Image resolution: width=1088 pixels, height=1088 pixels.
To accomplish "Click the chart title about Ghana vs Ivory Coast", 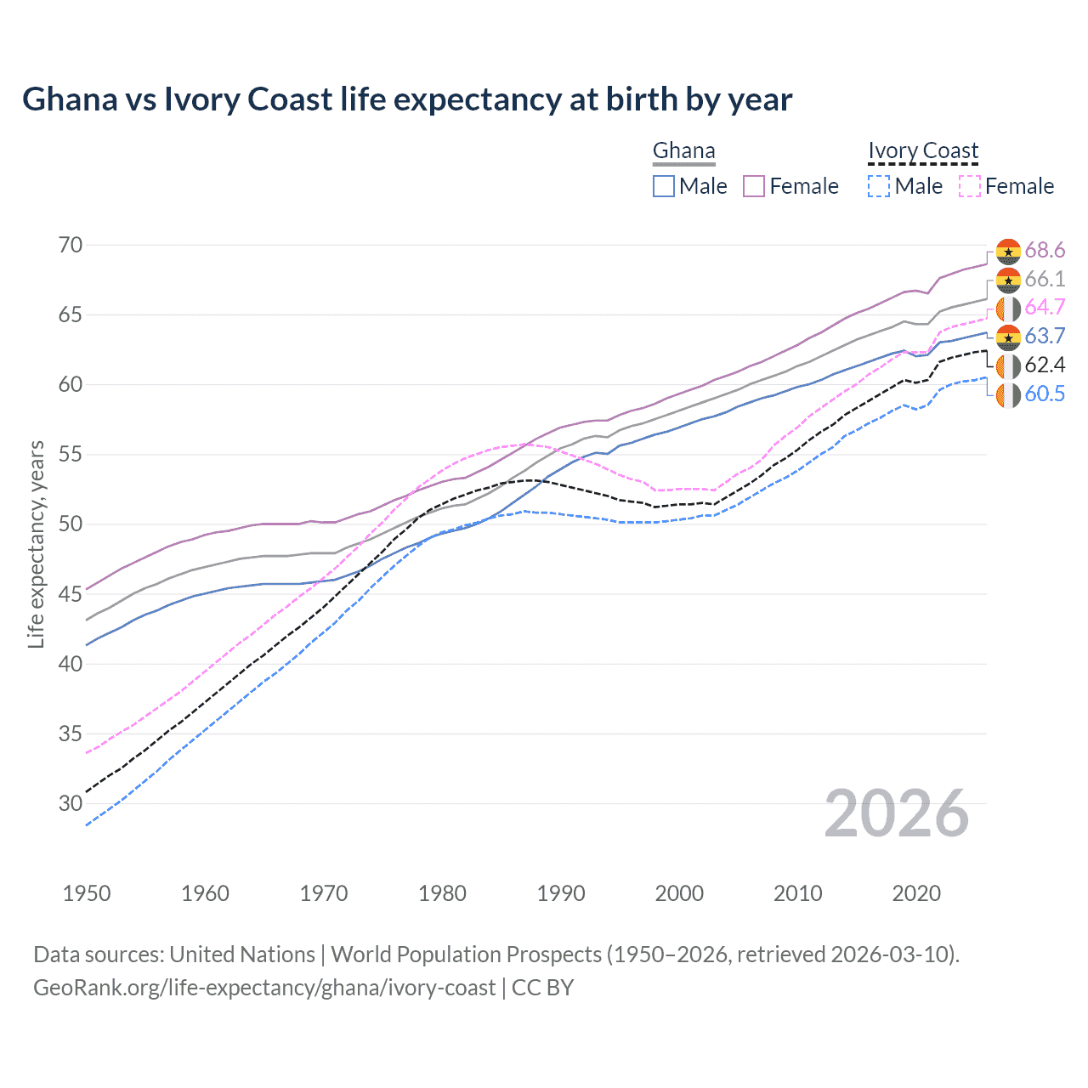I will (x=407, y=99).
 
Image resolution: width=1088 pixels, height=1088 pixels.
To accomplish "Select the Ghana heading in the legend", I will (x=683, y=150).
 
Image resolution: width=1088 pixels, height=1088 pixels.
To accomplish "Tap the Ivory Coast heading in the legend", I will (x=923, y=150).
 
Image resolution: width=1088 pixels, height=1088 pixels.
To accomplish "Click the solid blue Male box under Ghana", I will (x=664, y=186).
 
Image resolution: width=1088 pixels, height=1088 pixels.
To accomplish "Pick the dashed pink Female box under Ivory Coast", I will (x=970, y=186).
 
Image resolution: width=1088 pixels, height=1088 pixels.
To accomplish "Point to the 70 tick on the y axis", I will (x=71, y=246).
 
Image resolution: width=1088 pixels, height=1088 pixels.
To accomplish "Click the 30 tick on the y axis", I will (x=71, y=803).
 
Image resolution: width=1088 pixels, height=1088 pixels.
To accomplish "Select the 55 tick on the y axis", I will (x=71, y=455).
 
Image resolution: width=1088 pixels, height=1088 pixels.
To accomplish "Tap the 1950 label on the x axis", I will (x=87, y=893).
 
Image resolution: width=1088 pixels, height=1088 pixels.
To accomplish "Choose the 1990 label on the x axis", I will (x=561, y=893).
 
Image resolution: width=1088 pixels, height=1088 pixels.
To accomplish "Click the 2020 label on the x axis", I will (x=916, y=893).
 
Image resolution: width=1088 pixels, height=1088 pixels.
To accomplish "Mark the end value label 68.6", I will (x=1045, y=251).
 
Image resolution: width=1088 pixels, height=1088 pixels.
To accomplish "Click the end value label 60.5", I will (x=1045, y=394).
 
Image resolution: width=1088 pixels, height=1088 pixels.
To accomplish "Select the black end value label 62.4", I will (x=1045, y=365).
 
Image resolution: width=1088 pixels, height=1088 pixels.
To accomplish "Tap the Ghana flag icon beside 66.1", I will (x=1008, y=280).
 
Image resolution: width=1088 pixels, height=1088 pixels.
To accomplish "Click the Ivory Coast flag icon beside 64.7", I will (x=1008, y=309).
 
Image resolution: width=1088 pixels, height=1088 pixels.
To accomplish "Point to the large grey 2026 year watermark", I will (x=897, y=813).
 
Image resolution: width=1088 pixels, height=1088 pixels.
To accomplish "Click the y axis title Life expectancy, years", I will (x=36, y=544).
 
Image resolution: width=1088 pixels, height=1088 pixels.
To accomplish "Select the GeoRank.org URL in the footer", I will (x=264, y=988).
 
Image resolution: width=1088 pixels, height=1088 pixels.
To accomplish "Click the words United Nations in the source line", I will (x=242, y=955).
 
